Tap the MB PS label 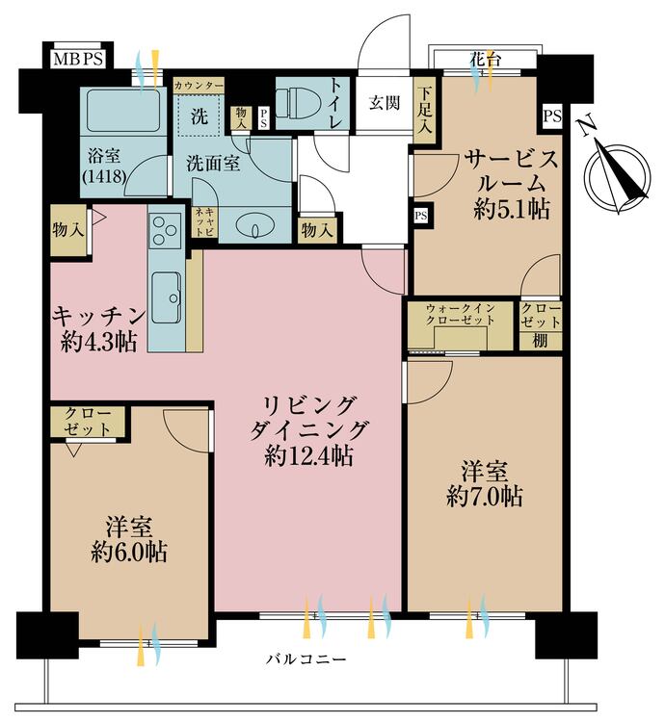(x=79, y=60)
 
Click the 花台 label (x=484, y=59)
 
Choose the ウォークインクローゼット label (x=461, y=316)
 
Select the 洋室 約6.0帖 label (x=129, y=539)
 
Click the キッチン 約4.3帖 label (x=98, y=327)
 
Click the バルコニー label (x=306, y=660)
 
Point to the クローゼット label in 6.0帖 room (x=86, y=422)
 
